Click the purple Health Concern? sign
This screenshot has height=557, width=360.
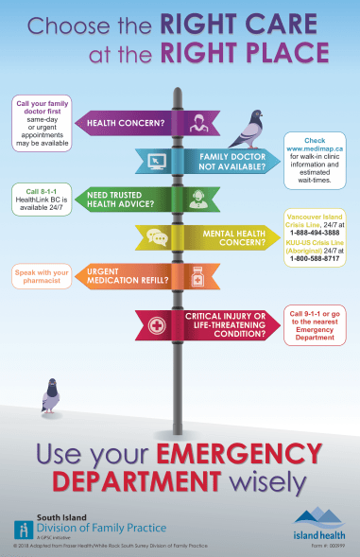[132, 123]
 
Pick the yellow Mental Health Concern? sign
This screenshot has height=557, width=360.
[217, 236]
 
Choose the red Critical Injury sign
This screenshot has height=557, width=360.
[217, 326]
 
